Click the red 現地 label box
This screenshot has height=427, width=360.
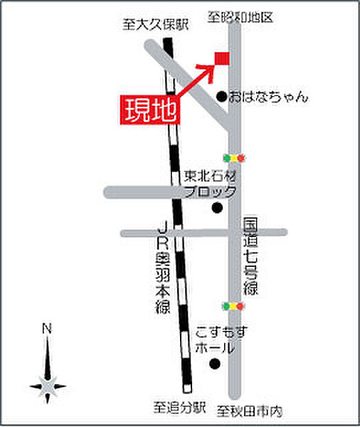pos(150,111)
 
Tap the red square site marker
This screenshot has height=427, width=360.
pos(221,58)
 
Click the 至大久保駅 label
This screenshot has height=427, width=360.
pos(156,25)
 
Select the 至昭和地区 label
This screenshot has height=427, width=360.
pos(240,17)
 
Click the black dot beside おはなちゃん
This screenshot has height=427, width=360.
pos(221,96)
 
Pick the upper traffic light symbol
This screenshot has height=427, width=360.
pos(233,157)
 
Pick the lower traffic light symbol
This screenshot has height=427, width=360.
pos(233,306)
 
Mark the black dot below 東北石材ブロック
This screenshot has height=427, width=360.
pos(217,208)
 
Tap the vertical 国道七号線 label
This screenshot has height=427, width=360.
pos(250,257)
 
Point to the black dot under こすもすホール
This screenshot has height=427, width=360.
pos(214,364)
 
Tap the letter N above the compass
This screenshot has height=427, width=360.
pos(47,328)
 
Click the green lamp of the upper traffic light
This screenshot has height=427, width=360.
pos(226,157)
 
